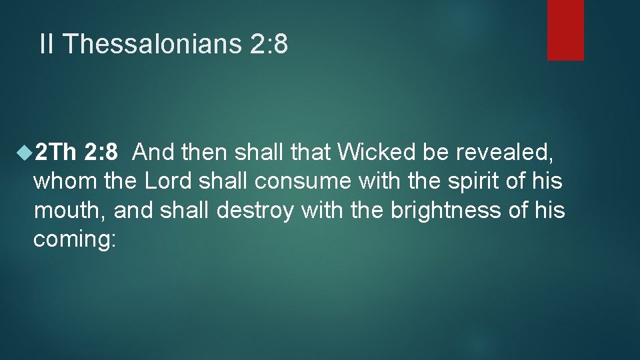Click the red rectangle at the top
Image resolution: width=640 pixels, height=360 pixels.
pyautogui.click(x=565, y=30)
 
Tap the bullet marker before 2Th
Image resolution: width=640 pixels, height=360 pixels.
pyautogui.click(x=25, y=153)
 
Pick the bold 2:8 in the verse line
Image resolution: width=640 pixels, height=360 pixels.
pyautogui.click(x=102, y=153)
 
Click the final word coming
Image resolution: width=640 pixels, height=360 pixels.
pyautogui.click(x=73, y=239)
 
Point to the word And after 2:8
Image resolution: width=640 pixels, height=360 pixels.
pyautogui.click(x=154, y=153)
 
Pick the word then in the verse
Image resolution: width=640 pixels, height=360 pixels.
pyautogui.click(x=204, y=153)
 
